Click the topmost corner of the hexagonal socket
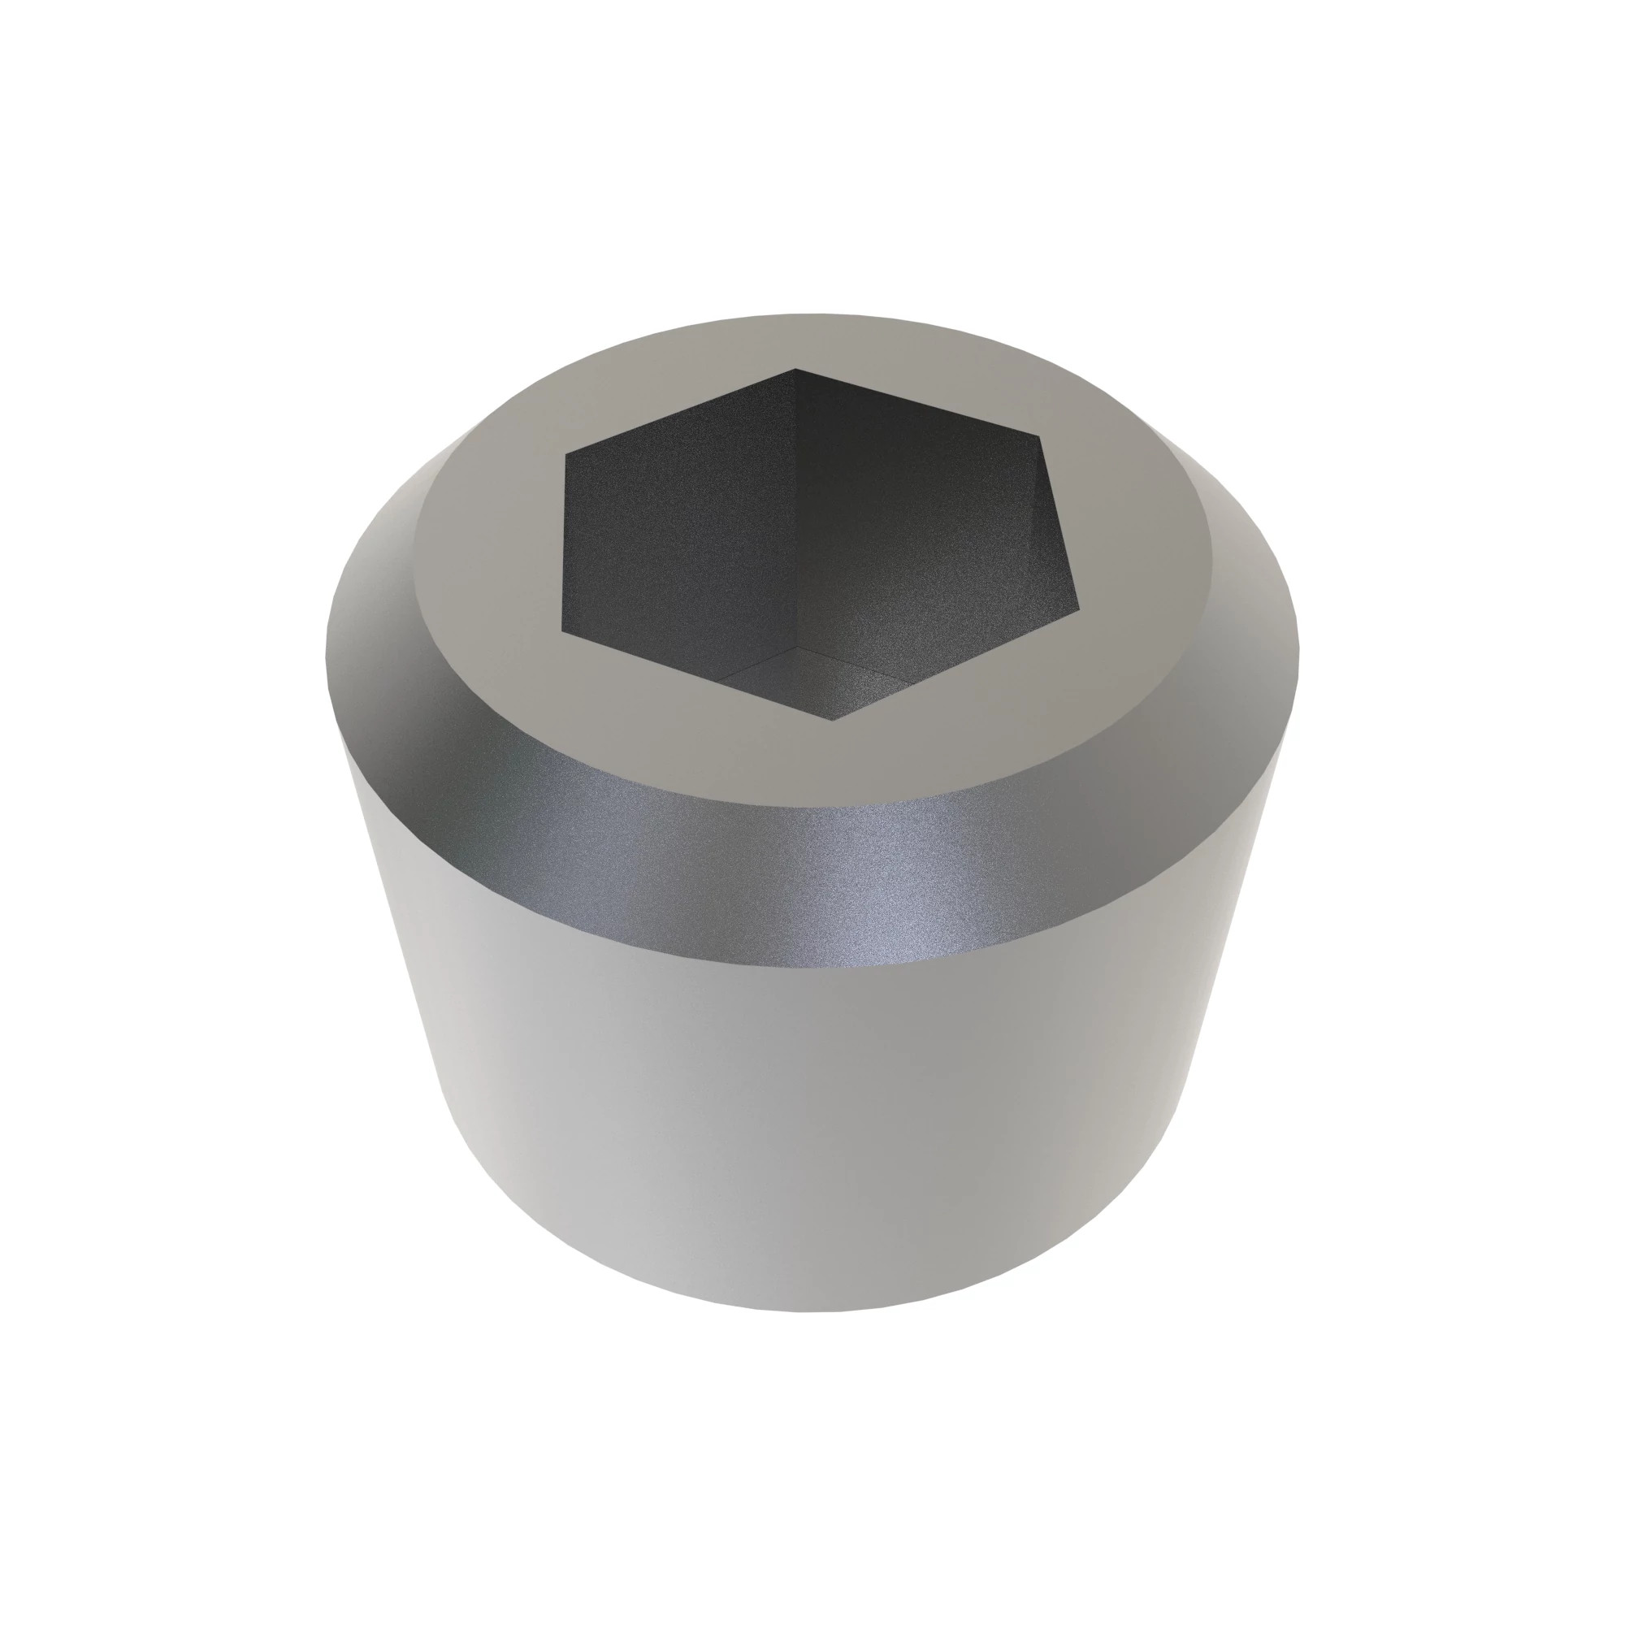point(796,368)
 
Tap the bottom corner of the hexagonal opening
point(834,720)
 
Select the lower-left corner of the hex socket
point(562,629)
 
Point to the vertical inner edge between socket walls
point(795,505)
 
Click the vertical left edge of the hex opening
point(564,543)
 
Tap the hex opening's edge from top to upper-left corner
point(679,411)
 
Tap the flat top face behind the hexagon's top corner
point(799,340)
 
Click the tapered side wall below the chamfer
point(808,1136)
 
